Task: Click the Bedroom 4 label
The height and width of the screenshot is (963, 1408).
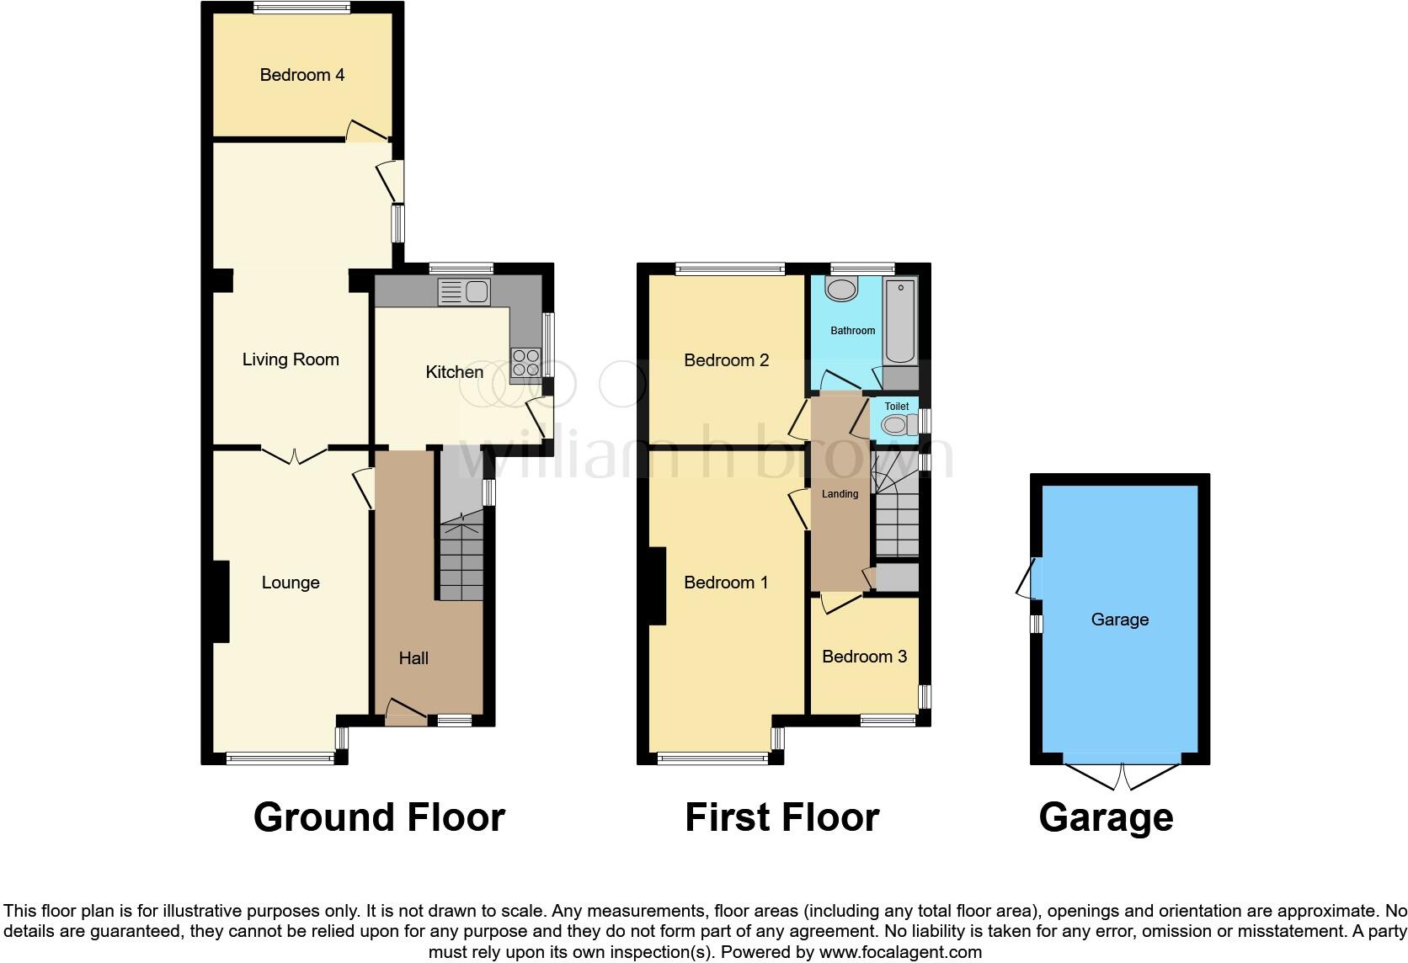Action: (x=301, y=75)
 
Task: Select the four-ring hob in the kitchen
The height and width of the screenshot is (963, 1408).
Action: (x=526, y=364)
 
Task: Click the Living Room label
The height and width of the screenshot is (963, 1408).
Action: (x=291, y=359)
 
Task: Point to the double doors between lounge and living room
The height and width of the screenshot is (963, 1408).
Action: (x=294, y=455)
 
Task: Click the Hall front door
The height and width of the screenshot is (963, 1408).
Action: (x=405, y=714)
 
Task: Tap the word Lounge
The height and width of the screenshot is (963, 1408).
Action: (x=291, y=583)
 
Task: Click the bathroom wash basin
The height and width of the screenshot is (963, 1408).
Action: (x=840, y=290)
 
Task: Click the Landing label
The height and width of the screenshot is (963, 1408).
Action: (x=840, y=494)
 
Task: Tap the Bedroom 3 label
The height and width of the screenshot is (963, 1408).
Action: (x=864, y=657)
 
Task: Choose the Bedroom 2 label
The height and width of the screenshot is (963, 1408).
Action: (x=726, y=360)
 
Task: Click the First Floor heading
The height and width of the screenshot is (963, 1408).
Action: (x=781, y=817)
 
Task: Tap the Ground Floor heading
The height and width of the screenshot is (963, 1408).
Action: (x=379, y=817)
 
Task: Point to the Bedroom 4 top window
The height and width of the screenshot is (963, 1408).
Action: (x=301, y=8)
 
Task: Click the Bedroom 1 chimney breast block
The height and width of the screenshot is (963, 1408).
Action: (x=657, y=586)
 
